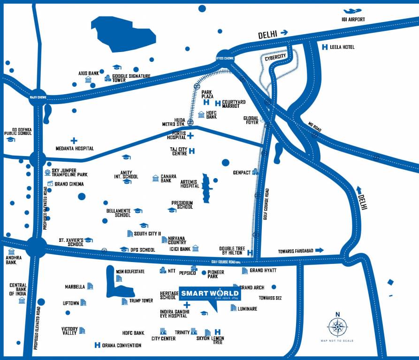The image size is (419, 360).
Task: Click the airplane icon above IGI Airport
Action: coord(352,11)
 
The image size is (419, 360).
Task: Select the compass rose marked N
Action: coord(337,326)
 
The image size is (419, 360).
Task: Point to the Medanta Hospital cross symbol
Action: coord(74,141)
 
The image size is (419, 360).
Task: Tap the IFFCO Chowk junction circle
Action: coord(226,58)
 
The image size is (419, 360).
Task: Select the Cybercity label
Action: coord(275,59)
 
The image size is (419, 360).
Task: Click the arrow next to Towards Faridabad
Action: coord(319,250)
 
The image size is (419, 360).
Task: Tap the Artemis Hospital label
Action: coord(190,183)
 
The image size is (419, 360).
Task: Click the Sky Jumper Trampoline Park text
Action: coord(69,172)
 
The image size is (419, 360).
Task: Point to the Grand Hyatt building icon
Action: coord(244,271)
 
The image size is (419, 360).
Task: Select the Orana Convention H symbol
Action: coord(97,345)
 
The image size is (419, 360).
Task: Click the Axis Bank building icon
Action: coord(88,80)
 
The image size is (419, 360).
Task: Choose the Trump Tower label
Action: coord(141,300)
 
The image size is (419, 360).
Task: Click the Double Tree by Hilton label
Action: coord(232,251)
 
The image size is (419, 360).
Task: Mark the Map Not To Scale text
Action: coord(337,341)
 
